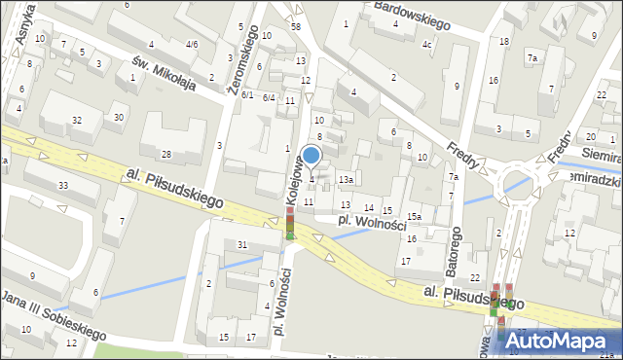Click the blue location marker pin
tap(311, 156)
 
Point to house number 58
tap(295, 26)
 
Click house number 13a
tap(345, 180)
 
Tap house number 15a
tap(414, 216)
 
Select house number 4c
tap(426, 44)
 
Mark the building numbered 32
tap(76, 120)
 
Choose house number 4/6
tap(192, 44)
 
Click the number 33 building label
tap(63, 185)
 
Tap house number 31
tap(242, 244)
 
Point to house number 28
tap(166, 155)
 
